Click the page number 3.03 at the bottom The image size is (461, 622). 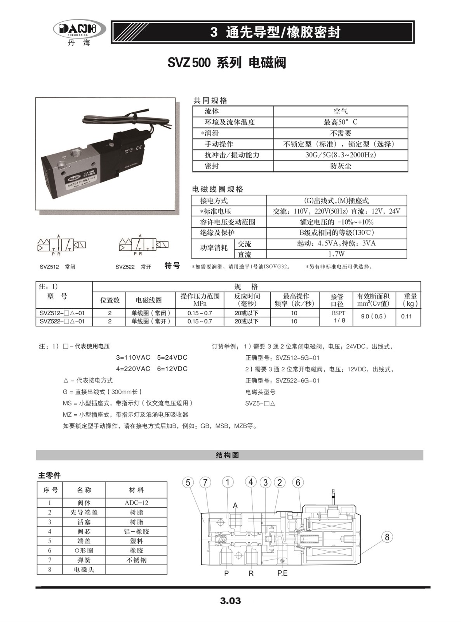click(x=230, y=601)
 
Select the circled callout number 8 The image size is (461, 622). click(x=387, y=537)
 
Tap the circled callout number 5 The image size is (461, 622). click(x=188, y=482)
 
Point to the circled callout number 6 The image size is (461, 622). click(x=298, y=482)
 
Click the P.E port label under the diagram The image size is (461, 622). click(x=282, y=573)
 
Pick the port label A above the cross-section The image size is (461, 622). click(x=235, y=505)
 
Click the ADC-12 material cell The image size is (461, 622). click(x=136, y=503)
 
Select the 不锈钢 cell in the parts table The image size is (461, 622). click(x=136, y=560)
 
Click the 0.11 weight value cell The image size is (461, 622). click(x=406, y=316)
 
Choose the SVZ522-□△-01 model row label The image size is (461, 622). click(x=62, y=321)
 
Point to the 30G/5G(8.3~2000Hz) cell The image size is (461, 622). click(x=341, y=155)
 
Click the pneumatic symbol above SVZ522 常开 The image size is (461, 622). click(x=144, y=245)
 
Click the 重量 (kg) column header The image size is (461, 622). click(x=410, y=300)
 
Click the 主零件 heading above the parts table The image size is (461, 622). click(x=49, y=475)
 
